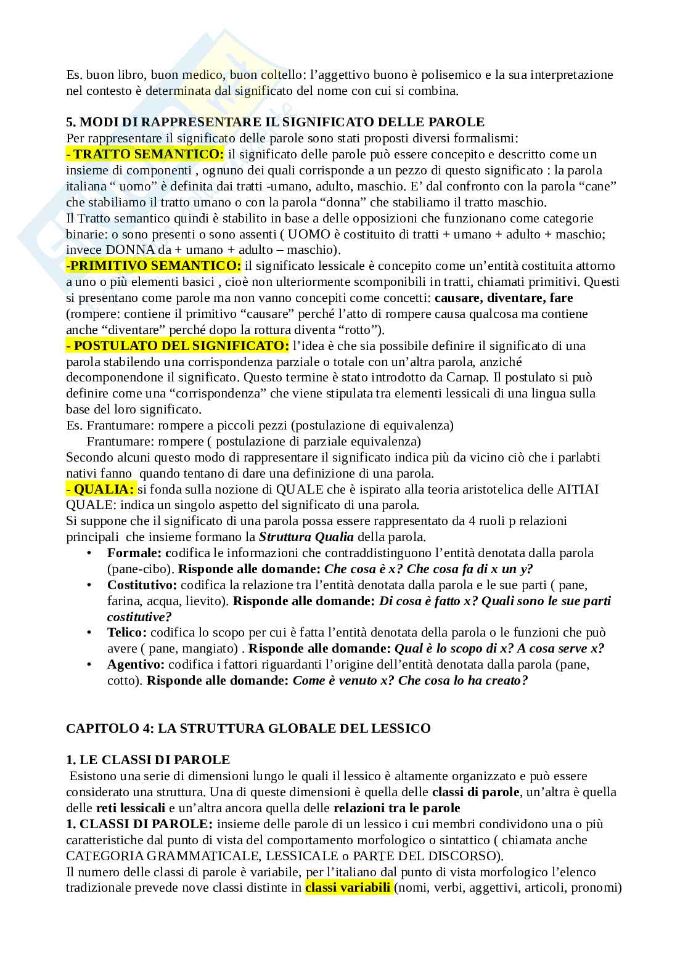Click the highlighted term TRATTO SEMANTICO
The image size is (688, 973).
pyautogui.click(x=145, y=154)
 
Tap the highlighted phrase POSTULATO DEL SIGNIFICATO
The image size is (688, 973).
pyautogui.click(x=178, y=346)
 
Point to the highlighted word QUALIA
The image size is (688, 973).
pyautogui.click(x=100, y=489)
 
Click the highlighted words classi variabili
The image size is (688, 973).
pyautogui.click(x=348, y=888)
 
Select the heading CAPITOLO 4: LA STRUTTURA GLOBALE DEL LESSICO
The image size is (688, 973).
pyautogui.click(x=248, y=728)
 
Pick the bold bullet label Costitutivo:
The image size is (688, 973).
pyautogui.click(x=142, y=585)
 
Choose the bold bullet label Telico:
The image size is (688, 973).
pyautogui.click(x=127, y=633)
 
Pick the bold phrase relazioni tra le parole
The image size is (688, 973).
pyautogui.click(x=396, y=808)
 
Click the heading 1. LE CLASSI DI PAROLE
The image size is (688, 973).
pyautogui.click(x=148, y=760)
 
